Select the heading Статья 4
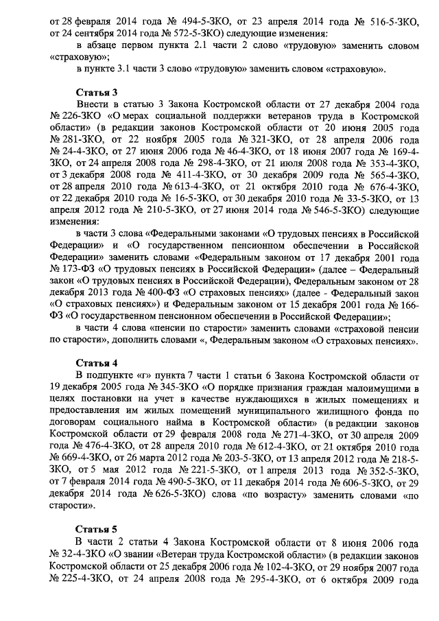97,363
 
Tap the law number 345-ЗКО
185,388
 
